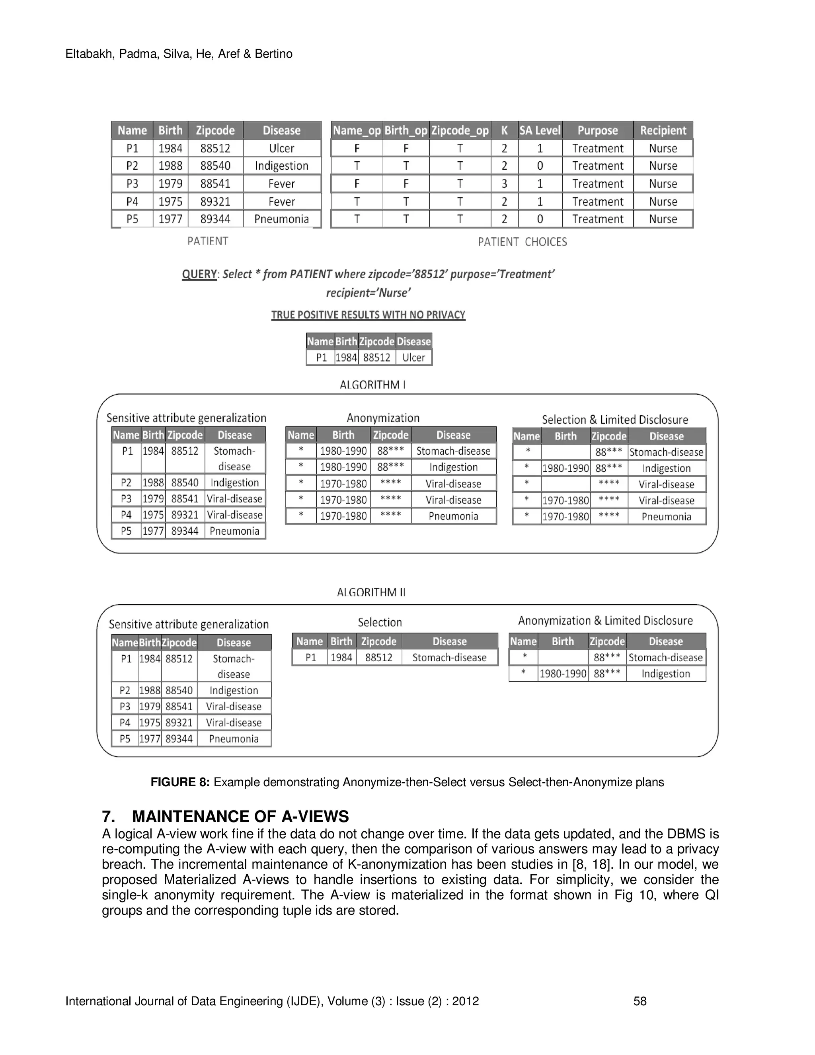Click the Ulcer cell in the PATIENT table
[281, 148]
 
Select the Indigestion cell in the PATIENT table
[281, 166]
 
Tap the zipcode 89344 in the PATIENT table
[215, 219]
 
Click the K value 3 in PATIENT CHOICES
[504, 184]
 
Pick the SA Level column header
[540, 131]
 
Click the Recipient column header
[663, 131]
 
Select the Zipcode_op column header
[460, 131]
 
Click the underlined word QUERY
[199, 274]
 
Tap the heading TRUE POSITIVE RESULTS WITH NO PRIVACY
[368, 315]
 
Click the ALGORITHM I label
[372, 385]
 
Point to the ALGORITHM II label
[371, 592]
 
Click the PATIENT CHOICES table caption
[522, 242]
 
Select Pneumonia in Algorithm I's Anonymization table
[453, 516]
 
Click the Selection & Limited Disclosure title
[614, 419]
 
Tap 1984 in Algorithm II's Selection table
[341, 657]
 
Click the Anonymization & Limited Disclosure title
[605, 620]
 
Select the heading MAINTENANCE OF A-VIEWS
[240, 817]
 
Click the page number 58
[640, 1001]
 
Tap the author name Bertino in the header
[273, 54]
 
